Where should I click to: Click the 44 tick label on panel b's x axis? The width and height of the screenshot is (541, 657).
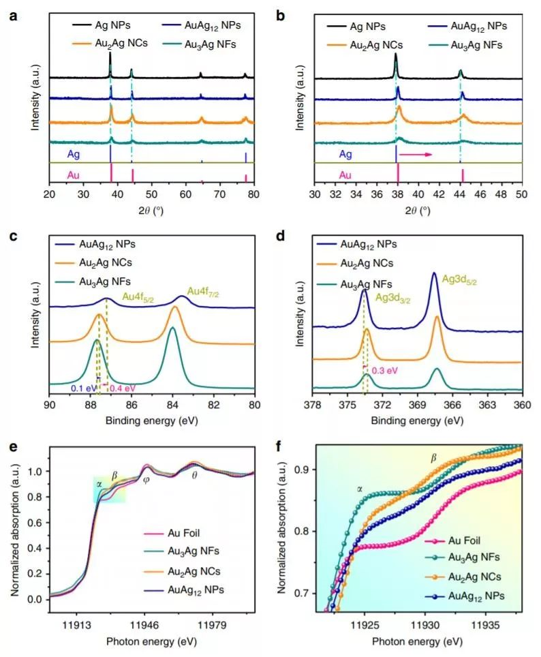point(460,194)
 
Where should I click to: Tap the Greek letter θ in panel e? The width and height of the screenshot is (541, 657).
point(195,474)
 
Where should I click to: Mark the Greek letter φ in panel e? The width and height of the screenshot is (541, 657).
point(145,479)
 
